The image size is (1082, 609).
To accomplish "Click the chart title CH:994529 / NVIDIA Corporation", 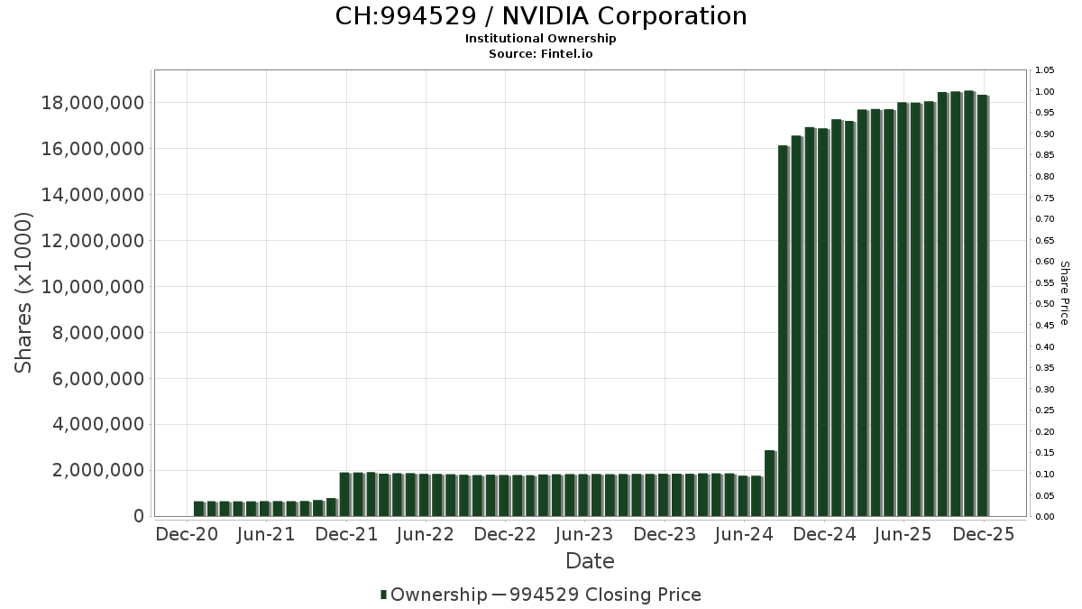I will click(x=541, y=16).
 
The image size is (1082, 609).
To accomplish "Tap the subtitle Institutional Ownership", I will click(x=541, y=39).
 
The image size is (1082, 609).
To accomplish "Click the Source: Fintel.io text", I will click(x=541, y=54).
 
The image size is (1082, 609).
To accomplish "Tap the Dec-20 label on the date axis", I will click(x=187, y=534).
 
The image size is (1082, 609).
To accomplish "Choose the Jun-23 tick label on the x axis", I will click(x=584, y=534).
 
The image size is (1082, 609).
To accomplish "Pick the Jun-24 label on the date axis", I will click(x=744, y=534).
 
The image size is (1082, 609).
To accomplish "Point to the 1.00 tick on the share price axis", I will click(x=1045, y=92).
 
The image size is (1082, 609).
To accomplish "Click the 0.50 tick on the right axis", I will click(x=1045, y=304).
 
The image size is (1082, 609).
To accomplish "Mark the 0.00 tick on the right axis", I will click(x=1045, y=516).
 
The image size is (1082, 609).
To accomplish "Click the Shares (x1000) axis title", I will click(x=24, y=292).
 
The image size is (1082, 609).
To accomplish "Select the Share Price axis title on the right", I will click(x=1064, y=293).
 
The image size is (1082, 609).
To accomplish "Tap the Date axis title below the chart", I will click(x=590, y=561).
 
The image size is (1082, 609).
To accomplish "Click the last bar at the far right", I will click(x=983, y=307).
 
